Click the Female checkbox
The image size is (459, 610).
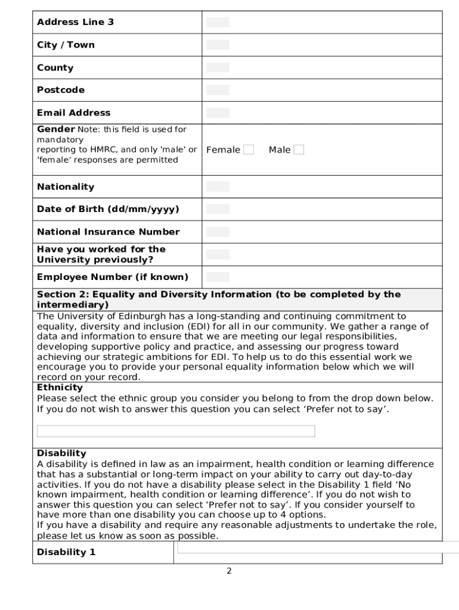tap(249, 150)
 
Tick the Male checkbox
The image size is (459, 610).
tap(299, 150)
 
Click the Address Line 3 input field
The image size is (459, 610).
tap(218, 22)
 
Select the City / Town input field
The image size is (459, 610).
tap(218, 45)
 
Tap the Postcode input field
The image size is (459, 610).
tap(218, 90)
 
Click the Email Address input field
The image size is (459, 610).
tap(218, 113)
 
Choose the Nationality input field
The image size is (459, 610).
tap(218, 186)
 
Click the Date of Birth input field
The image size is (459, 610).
tap(218, 209)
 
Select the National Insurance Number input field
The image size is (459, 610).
tap(218, 232)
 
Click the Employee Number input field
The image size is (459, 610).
tap(218, 277)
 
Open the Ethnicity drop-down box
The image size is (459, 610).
tap(176, 431)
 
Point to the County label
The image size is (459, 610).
tap(55, 68)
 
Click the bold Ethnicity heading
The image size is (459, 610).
tap(60, 388)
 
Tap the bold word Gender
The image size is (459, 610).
tap(55, 129)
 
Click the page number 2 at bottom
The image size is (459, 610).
tap(229, 571)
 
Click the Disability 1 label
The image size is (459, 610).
tap(66, 552)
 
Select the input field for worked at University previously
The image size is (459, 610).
tap(218, 254)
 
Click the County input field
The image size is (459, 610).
tap(218, 67)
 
